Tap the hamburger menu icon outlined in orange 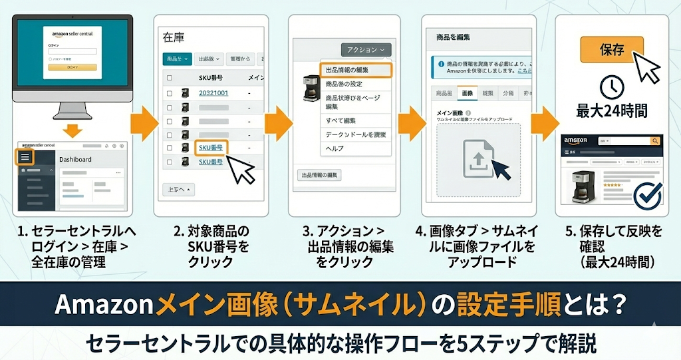coord(25,157)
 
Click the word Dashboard coord(75,160)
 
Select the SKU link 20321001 coord(213,93)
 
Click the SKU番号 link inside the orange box coord(211,148)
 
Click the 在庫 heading coord(174,38)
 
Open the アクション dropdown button coord(366,50)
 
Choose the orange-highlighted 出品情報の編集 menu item coord(356,70)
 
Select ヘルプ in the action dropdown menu coord(335,148)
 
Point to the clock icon coord(611,88)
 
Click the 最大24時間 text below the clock coord(611,111)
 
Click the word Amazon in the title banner coord(104,305)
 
